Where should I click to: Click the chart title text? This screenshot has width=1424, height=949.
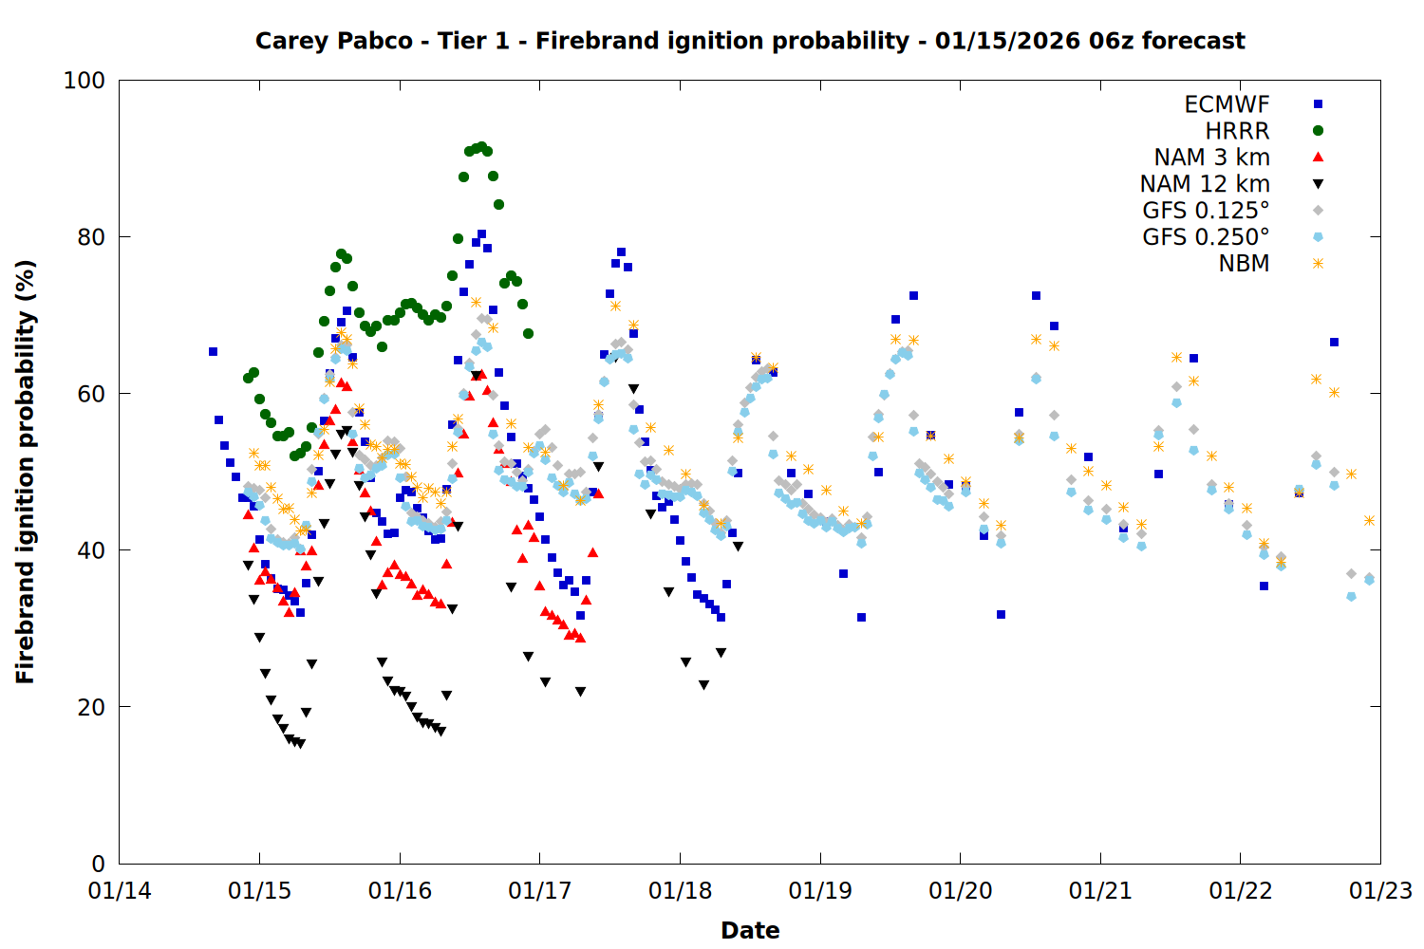(750, 41)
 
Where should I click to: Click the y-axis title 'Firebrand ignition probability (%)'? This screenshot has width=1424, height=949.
(26, 472)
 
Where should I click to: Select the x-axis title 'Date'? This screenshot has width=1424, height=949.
(750, 930)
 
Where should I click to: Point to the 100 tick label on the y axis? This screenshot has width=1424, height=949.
(84, 81)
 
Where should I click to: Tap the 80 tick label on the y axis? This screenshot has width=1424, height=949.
(91, 237)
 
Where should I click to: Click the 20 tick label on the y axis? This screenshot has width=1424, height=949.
(91, 707)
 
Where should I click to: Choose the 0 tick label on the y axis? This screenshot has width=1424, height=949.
(98, 864)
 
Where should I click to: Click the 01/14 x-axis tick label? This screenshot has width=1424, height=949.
(120, 892)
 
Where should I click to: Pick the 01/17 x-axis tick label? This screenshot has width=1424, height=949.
(540, 892)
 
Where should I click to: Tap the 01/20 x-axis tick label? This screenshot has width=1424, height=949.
(960, 892)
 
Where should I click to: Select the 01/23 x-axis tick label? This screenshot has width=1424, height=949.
(1380, 892)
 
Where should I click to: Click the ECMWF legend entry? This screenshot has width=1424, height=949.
(1227, 104)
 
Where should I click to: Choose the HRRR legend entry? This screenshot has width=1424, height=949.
(1237, 131)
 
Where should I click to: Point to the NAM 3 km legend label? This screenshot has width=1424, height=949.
(1211, 158)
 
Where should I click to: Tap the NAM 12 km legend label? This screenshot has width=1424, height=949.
(1205, 184)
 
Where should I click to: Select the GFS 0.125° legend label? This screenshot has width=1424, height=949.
(1206, 211)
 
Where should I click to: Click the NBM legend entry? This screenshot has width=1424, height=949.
(1244, 264)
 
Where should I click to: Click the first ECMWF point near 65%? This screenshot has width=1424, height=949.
(213, 352)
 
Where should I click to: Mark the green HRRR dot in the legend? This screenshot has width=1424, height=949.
(1318, 131)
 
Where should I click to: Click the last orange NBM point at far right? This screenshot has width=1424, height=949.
(1369, 520)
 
